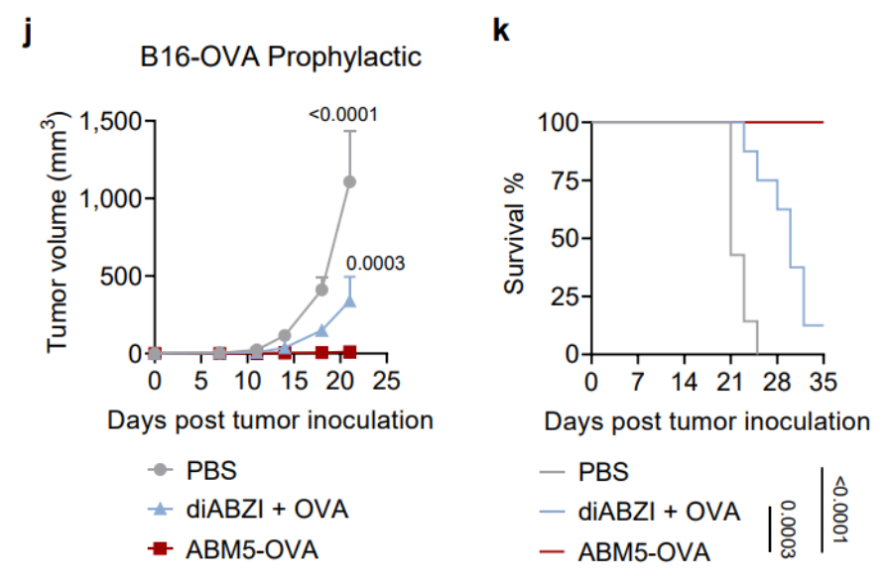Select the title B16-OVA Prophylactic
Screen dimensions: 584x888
pyautogui.click(x=280, y=57)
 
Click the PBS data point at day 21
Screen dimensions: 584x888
pyautogui.click(x=349, y=181)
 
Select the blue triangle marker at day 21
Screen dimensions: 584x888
pyautogui.click(x=349, y=300)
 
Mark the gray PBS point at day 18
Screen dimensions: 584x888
pyautogui.click(x=321, y=290)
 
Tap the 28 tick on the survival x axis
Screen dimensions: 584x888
pyautogui.click(x=779, y=382)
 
